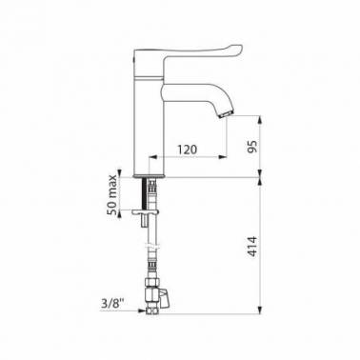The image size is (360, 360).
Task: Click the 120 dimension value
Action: pos(187,149)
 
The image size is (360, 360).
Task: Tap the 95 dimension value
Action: pos(252,146)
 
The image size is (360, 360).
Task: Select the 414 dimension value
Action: pos(252,247)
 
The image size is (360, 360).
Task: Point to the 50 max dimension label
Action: pos(112,194)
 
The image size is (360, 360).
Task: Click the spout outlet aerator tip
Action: pos(226,114)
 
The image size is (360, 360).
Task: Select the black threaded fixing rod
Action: pos(145,193)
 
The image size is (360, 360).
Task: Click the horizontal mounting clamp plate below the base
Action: pos(145,211)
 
